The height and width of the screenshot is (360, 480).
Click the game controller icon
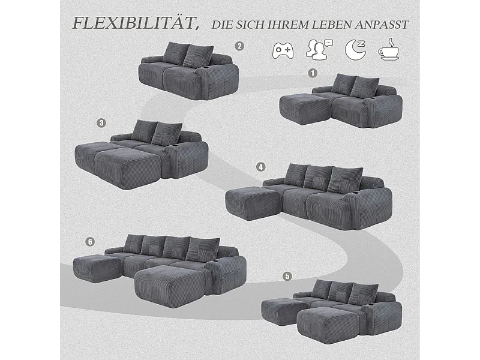click(283, 50)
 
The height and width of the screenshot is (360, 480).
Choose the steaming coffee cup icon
click(389, 50)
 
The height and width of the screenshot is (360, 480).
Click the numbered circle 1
click(311, 73)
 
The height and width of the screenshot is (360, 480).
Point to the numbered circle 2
click(239, 46)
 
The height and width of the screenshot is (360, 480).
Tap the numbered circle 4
click(260, 167)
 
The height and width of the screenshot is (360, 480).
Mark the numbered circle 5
click(287, 276)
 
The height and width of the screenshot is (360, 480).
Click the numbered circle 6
click(91, 242)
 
